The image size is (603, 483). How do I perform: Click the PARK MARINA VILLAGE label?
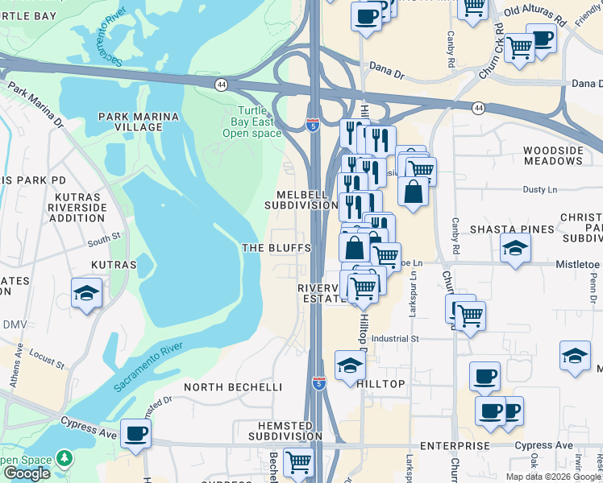point(139,122)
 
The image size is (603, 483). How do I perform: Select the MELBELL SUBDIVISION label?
point(301,200)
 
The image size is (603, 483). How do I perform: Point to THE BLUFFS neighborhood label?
point(277,248)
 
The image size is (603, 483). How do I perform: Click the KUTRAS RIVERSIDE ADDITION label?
point(77,208)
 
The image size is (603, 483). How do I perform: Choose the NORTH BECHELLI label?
point(233,387)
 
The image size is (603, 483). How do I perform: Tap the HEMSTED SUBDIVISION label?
point(278,430)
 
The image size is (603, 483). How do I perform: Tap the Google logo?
point(27,473)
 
